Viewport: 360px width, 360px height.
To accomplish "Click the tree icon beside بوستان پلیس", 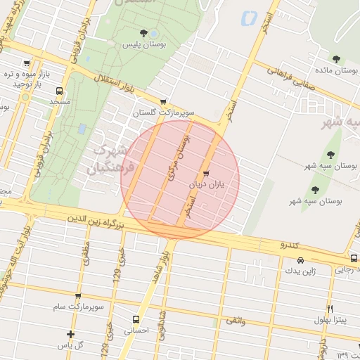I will click(x=144, y=33).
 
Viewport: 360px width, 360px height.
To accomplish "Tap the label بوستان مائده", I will click(x=335, y=70).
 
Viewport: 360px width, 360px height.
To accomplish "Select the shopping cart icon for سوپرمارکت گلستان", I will click(x=164, y=101).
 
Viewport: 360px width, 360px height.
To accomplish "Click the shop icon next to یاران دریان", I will click(x=205, y=174).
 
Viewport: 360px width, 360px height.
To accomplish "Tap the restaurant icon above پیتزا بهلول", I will click(x=329, y=309).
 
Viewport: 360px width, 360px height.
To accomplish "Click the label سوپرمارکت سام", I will click(x=78, y=307).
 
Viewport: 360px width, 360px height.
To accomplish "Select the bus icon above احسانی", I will click(x=136, y=319).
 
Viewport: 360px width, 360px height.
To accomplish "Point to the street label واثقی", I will click(x=236, y=320).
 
